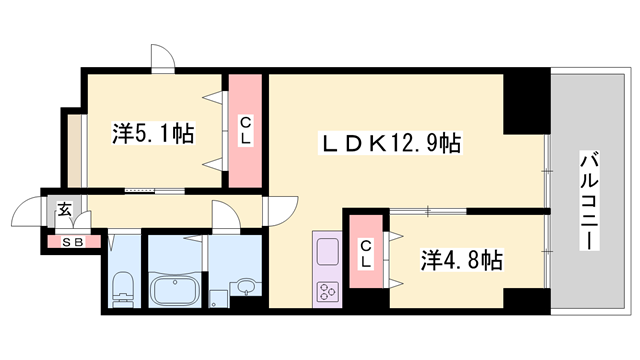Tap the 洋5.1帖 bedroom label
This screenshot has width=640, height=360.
pyautogui.click(x=153, y=131)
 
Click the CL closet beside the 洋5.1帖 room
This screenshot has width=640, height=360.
pyautogui.click(x=244, y=130)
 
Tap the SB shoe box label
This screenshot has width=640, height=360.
pyautogui.click(x=72, y=241)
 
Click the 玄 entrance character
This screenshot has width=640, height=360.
pyautogui.click(x=63, y=209)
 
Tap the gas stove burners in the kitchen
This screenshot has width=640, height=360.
pyautogui.click(x=328, y=292)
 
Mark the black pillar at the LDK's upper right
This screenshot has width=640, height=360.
pyautogui.click(x=525, y=104)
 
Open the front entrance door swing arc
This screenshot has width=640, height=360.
pyautogui.click(x=27, y=214)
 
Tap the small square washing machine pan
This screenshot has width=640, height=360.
pyautogui.click(x=218, y=298)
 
